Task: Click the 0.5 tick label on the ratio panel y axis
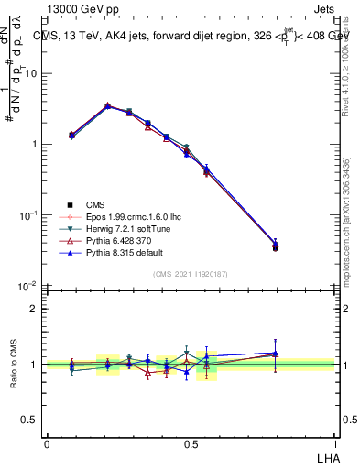tap(32, 420)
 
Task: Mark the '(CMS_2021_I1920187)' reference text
tap(190, 274)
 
